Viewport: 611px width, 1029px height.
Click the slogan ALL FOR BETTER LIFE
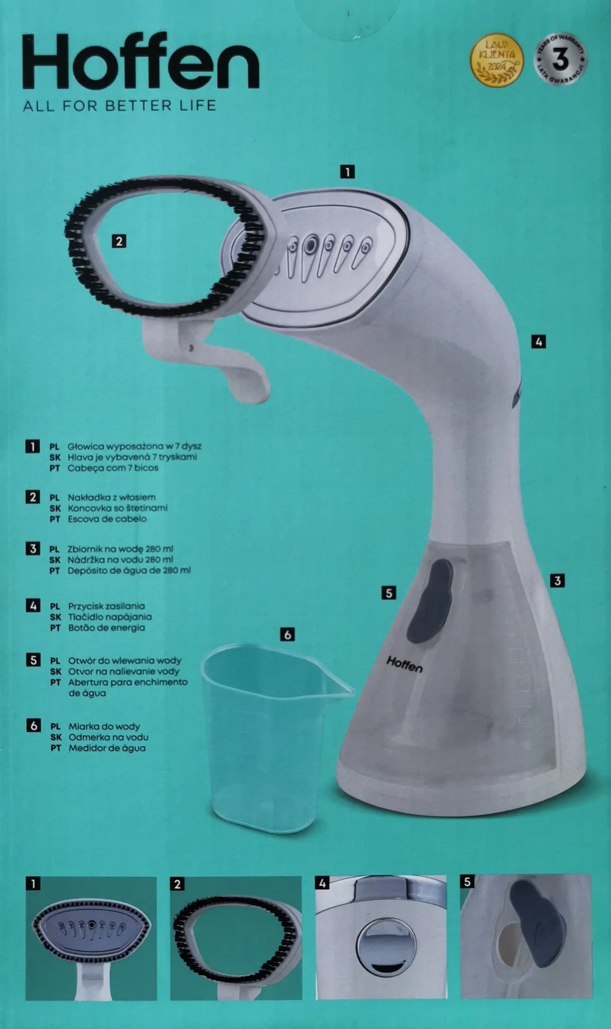pos(120,106)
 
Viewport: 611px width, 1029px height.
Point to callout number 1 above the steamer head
pos(347,172)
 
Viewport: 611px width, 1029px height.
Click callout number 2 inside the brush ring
pos(119,241)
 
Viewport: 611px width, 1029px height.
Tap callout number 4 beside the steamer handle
pos(539,342)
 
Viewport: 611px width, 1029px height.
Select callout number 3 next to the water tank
pos(558,580)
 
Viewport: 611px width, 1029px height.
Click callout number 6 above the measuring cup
pos(288,634)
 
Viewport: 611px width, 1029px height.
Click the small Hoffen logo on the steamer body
pos(404,664)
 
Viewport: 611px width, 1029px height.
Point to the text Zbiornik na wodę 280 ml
pos(120,549)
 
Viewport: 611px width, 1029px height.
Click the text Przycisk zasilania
pos(106,606)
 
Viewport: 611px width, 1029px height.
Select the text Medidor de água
pos(107,748)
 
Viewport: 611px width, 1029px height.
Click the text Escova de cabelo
pos(107,519)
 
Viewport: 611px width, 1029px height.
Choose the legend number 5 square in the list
pos(33,660)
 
